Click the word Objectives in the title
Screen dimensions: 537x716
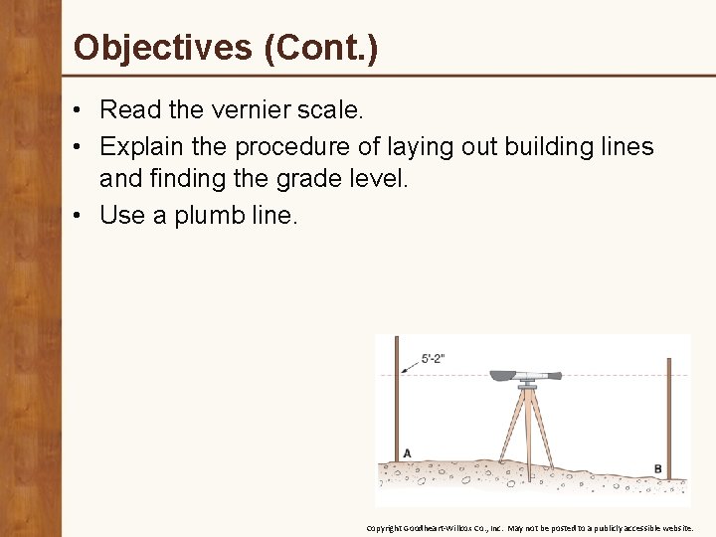tap(163, 47)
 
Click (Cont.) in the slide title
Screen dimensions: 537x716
tap(321, 47)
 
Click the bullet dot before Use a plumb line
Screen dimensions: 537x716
tap(79, 215)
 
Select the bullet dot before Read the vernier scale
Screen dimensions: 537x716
tap(79, 109)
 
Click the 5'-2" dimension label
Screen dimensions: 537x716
tap(433, 359)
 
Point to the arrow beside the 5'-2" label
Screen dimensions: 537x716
tap(409, 366)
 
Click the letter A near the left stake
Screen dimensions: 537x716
tap(406, 453)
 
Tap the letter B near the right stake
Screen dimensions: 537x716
tap(657, 468)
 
